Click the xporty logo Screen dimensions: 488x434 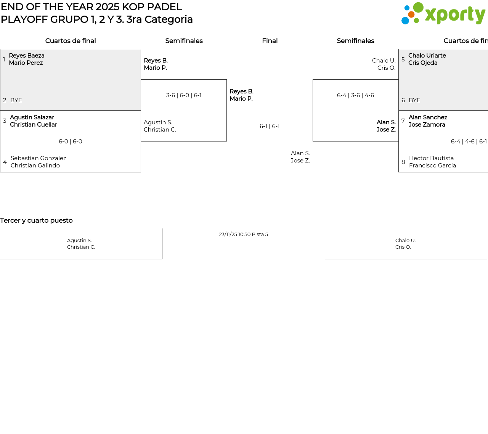(x=443, y=13)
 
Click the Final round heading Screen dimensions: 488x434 (x=270, y=41)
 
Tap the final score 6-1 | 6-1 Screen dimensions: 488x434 (x=270, y=126)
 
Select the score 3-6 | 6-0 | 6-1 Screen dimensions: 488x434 (x=184, y=95)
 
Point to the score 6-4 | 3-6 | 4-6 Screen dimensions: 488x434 (x=356, y=95)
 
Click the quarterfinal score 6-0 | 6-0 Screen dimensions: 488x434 (x=70, y=141)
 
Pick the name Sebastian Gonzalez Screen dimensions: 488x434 (x=38, y=158)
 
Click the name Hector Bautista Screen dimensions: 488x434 (x=432, y=158)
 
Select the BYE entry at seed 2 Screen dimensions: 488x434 (x=16, y=100)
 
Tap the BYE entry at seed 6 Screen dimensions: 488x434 (x=414, y=100)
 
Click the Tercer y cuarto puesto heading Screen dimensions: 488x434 (x=36, y=220)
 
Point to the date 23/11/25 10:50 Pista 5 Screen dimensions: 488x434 (x=243, y=234)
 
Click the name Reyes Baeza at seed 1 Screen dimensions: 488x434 (x=27, y=55)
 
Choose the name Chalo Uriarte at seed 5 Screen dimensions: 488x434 (x=427, y=55)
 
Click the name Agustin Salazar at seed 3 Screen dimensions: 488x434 (x=32, y=117)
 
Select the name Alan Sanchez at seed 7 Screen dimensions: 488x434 (x=428, y=117)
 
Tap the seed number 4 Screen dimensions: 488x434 (x=5, y=162)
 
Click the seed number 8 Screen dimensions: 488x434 (x=403, y=162)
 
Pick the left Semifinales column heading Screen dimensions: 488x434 (x=184, y=41)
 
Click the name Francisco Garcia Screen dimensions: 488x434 (x=433, y=165)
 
